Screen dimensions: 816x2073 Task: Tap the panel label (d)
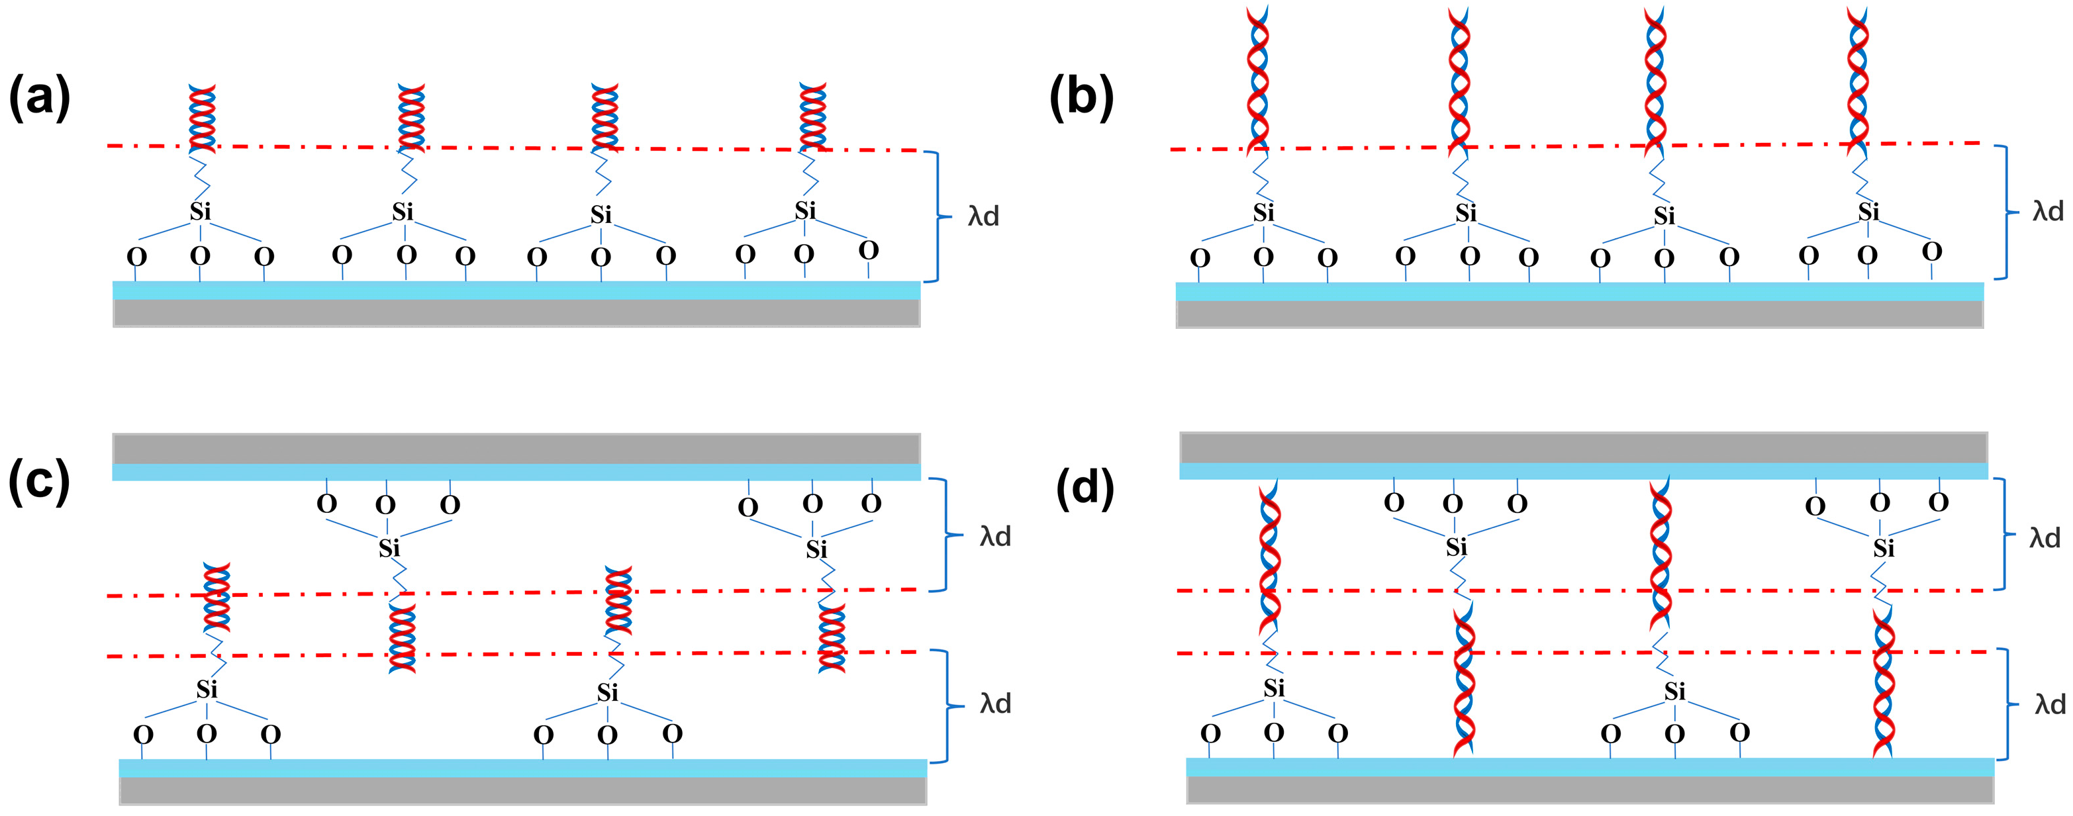point(1085,487)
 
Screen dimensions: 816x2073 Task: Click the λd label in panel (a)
point(983,216)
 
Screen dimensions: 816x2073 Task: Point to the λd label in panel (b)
point(2048,212)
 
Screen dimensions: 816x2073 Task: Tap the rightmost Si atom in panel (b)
point(1868,212)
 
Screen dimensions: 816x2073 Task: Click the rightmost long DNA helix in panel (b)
point(1858,81)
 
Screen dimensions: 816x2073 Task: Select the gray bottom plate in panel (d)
point(1590,790)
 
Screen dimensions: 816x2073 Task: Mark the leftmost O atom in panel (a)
point(137,257)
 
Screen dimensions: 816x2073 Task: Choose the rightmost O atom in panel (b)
point(1931,252)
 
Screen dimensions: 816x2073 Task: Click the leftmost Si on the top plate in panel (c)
point(389,548)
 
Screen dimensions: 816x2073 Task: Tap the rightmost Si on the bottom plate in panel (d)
point(1674,692)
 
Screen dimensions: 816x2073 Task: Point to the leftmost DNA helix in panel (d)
point(1269,563)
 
